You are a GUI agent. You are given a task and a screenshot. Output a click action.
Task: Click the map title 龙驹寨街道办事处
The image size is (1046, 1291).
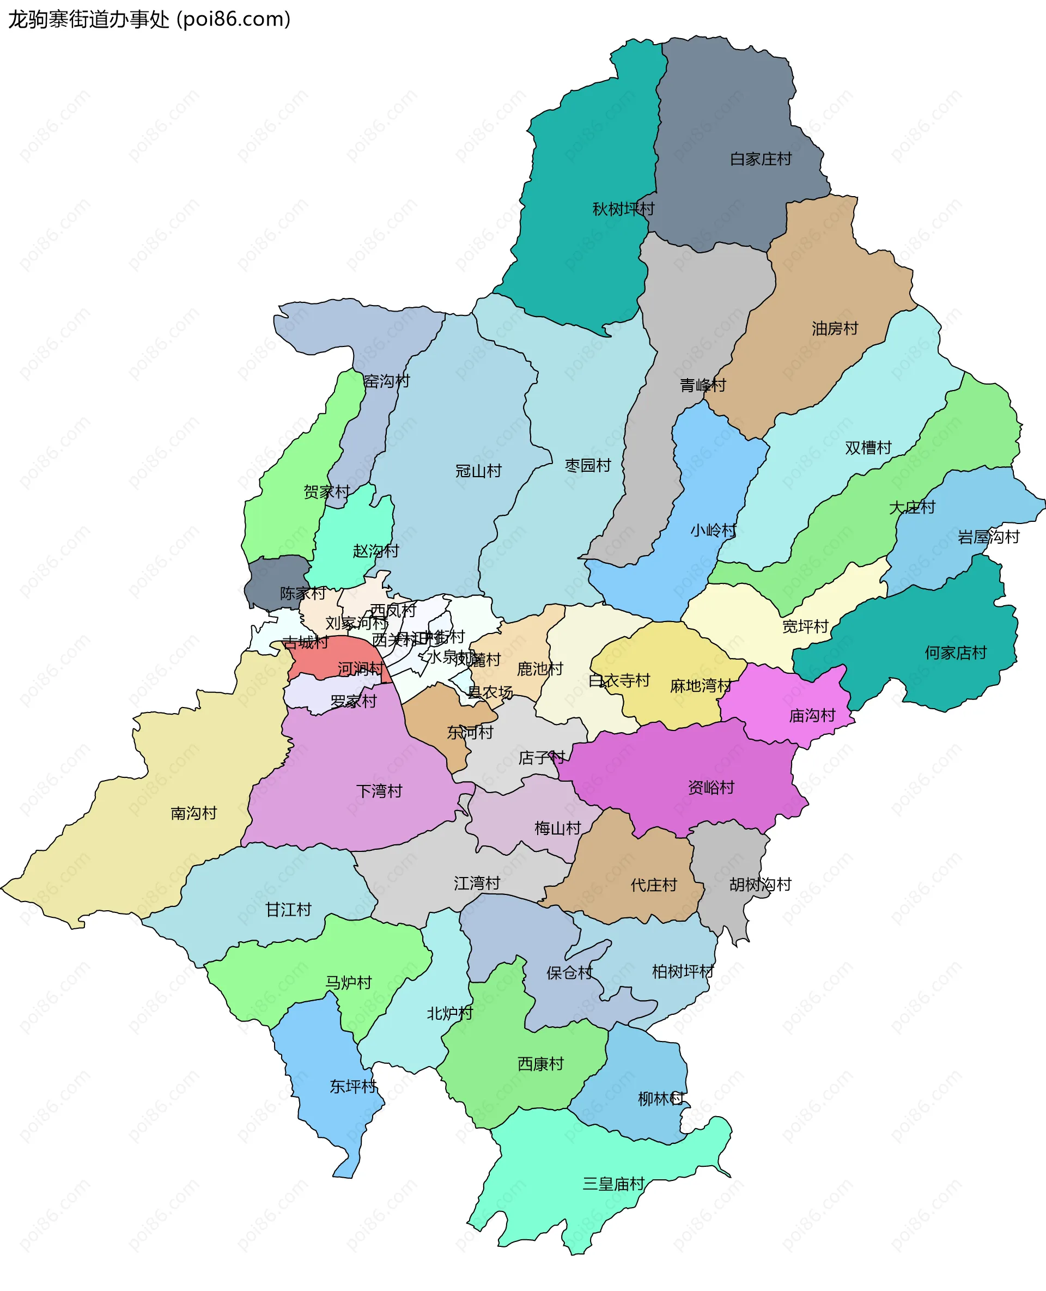tap(89, 19)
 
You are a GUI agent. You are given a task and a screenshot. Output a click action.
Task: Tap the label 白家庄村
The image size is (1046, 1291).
tap(761, 159)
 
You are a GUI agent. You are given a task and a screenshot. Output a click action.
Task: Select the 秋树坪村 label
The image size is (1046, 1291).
tap(623, 209)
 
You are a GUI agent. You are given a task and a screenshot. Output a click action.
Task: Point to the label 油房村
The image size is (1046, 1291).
tap(835, 328)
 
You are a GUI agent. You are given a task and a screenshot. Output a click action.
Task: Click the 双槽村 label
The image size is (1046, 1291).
tap(868, 448)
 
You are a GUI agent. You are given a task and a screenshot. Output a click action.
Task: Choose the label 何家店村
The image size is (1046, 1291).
tap(956, 653)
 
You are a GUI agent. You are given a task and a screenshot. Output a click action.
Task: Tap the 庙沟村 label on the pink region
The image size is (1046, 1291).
tap(812, 716)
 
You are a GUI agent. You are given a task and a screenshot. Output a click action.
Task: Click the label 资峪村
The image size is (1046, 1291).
tap(711, 787)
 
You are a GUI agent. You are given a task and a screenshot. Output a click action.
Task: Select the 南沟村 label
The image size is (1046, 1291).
tap(193, 813)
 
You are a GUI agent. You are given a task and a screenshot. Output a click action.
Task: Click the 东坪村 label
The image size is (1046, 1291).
tap(352, 1086)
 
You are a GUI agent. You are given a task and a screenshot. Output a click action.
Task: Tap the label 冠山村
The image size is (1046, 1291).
tap(478, 471)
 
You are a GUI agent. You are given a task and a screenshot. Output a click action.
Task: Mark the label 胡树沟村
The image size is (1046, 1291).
tap(760, 884)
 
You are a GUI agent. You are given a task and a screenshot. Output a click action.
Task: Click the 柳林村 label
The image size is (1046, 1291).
tap(661, 1099)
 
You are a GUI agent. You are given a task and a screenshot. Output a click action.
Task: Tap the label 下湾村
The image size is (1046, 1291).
tap(379, 791)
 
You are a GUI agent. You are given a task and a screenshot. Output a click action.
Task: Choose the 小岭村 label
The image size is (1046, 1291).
tap(713, 531)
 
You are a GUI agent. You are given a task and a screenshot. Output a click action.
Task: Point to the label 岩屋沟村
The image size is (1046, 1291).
tap(988, 537)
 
